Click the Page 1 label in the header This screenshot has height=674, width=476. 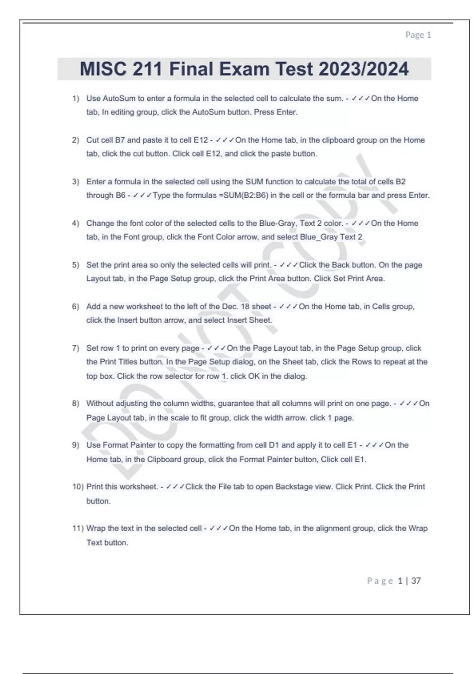[x=418, y=35]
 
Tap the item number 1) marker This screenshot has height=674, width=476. [x=75, y=98]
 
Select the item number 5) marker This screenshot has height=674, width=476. [x=75, y=265]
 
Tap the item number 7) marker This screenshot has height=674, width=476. [x=75, y=348]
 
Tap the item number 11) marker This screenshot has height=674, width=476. [x=78, y=528]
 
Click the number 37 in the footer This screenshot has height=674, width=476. [x=416, y=581]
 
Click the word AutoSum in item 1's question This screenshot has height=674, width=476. [x=119, y=98]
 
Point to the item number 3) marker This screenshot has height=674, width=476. [x=75, y=182]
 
